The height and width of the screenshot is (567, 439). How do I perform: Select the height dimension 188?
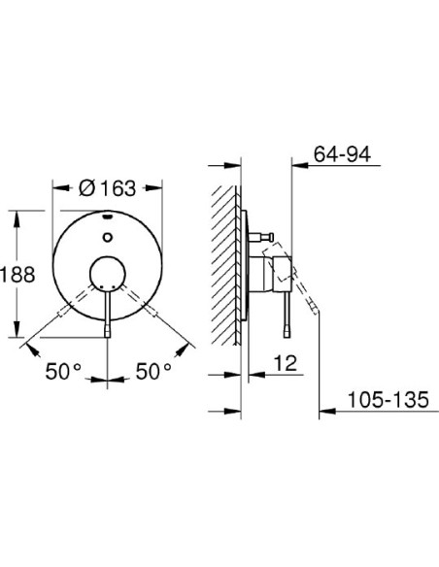click(x=18, y=275)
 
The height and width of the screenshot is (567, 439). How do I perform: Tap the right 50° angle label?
click(x=152, y=370)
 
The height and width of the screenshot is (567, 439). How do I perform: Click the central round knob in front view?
click(x=109, y=276)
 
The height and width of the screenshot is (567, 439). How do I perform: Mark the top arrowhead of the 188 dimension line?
click(x=18, y=211)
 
